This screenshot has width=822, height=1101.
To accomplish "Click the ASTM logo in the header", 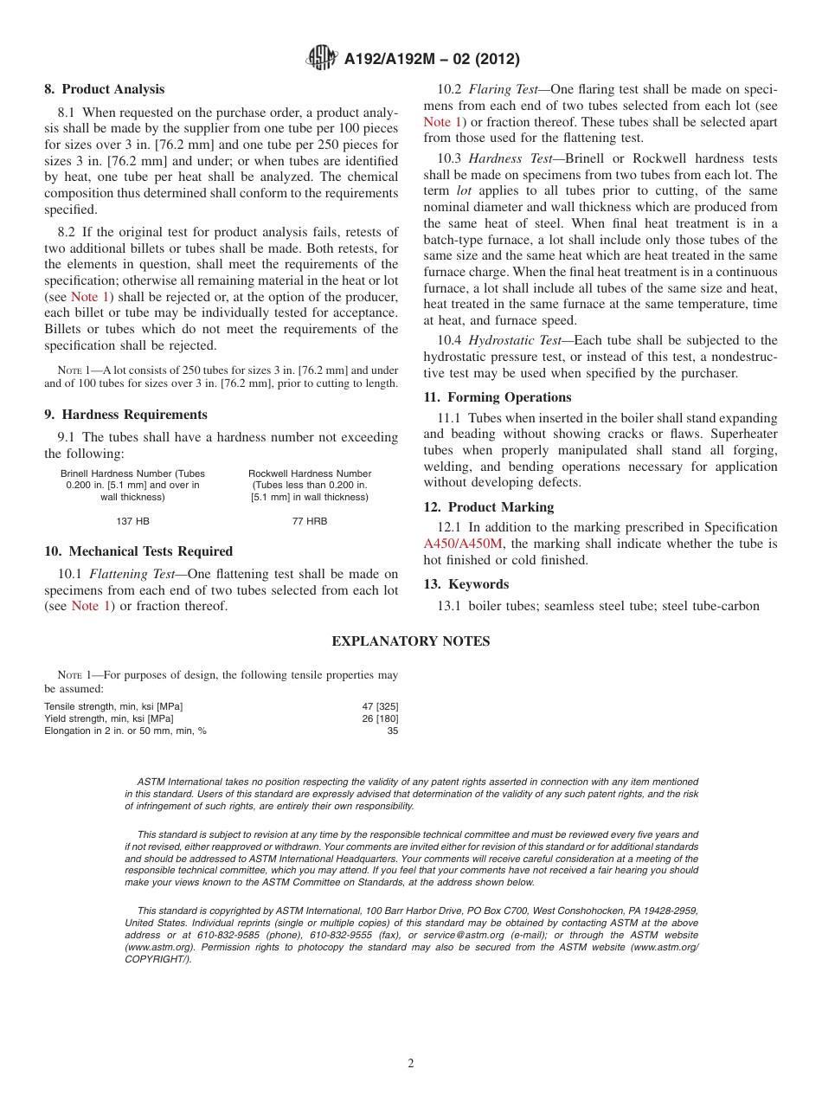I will (x=322, y=59).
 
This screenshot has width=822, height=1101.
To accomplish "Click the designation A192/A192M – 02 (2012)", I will (x=432, y=59).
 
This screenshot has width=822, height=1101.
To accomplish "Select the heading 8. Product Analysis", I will (x=105, y=89).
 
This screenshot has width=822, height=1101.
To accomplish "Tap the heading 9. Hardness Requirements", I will (x=126, y=415).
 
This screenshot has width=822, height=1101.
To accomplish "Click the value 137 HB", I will (x=132, y=521).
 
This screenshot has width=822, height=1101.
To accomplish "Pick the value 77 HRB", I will (x=310, y=521).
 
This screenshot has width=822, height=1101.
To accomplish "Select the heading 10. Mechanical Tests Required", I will (x=138, y=551).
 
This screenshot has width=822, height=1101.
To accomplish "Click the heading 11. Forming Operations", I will (x=498, y=397).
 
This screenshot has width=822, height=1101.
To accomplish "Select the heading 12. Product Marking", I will (x=489, y=507).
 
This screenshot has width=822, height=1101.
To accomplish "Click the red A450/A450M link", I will (x=463, y=544).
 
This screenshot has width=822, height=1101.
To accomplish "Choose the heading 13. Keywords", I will (x=466, y=584).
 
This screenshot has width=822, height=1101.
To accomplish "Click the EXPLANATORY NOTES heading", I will (x=411, y=641).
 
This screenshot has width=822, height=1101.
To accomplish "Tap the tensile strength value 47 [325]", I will (x=380, y=706).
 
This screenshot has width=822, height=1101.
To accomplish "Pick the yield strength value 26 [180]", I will (x=380, y=718).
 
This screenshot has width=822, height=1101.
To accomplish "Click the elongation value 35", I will (x=393, y=731).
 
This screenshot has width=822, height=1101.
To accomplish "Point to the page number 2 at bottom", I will (x=411, y=1064).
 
